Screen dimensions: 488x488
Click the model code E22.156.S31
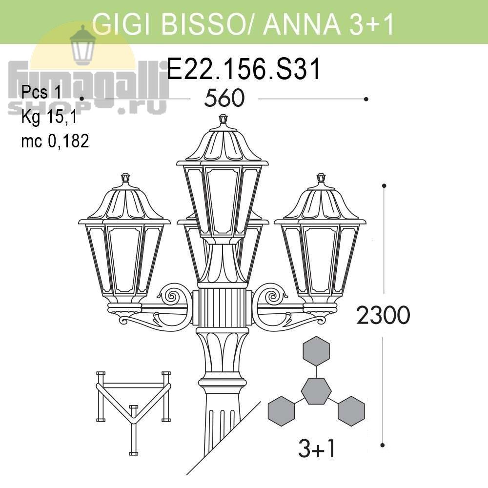pyautogui.click(x=244, y=69)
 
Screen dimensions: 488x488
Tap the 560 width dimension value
pyautogui.click(x=224, y=98)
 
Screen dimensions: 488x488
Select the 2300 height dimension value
pyautogui.click(x=383, y=315)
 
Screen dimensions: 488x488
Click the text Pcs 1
pyautogui.click(x=41, y=92)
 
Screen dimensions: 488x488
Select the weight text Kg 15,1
pyautogui.click(x=49, y=117)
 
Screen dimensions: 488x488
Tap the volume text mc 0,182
pyautogui.click(x=55, y=141)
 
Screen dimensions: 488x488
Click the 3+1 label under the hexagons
pyautogui.click(x=317, y=449)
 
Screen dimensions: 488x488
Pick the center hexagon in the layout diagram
pyautogui.click(x=316, y=391)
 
